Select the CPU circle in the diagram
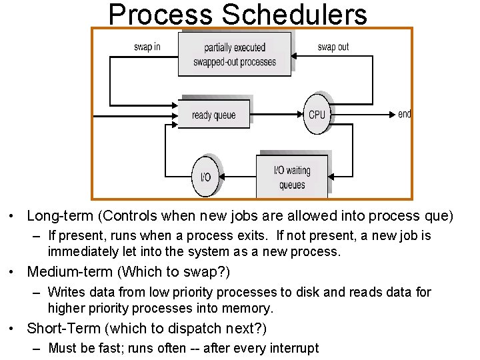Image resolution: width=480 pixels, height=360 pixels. [x=317, y=115]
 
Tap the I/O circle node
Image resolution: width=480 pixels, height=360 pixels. [x=205, y=177]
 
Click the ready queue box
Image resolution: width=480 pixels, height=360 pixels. [x=213, y=115]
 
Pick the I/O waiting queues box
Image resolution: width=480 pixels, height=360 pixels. [x=292, y=177]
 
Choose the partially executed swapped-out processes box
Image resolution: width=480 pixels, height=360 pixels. [x=235, y=54]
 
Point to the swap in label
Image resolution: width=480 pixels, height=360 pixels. [x=147, y=47]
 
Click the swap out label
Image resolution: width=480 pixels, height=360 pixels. [x=333, y=47]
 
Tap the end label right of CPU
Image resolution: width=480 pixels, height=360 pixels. [x=405, y=115]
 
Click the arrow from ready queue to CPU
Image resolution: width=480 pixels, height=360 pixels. [x=277, y=115]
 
